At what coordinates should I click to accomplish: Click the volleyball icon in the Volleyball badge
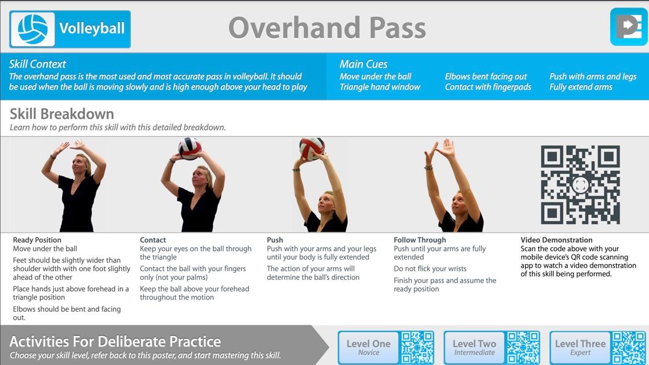tap(32, 29)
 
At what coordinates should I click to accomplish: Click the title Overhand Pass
tap(327, 28)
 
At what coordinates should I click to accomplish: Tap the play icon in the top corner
tap(628, 27)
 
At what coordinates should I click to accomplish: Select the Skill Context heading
tap(37, 64)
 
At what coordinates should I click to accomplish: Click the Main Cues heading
tap(364, 64)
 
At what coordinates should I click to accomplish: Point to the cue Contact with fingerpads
tap(488, 87)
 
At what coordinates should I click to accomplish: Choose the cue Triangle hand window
tap(380, 87)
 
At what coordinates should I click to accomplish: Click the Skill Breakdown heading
tap(62, 114)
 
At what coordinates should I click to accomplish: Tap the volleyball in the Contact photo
tap(189, 148)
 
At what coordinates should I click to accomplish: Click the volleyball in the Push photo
tap(311, 149)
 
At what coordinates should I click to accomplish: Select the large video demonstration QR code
tap(580, 184)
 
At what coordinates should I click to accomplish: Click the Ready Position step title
tap(37, 240)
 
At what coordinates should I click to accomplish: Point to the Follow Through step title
tap(420, 240)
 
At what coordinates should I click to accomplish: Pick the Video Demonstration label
tap(556, 240)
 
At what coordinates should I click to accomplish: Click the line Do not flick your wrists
tap(430, 268)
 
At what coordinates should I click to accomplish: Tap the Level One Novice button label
tap(368, 347)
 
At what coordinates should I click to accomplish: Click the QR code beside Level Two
tap(523, 347)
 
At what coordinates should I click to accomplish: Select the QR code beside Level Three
tap(629, 347)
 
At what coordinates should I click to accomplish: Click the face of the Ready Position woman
tap(79, 165)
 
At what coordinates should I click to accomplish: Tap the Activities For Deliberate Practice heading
tap(115, 341)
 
